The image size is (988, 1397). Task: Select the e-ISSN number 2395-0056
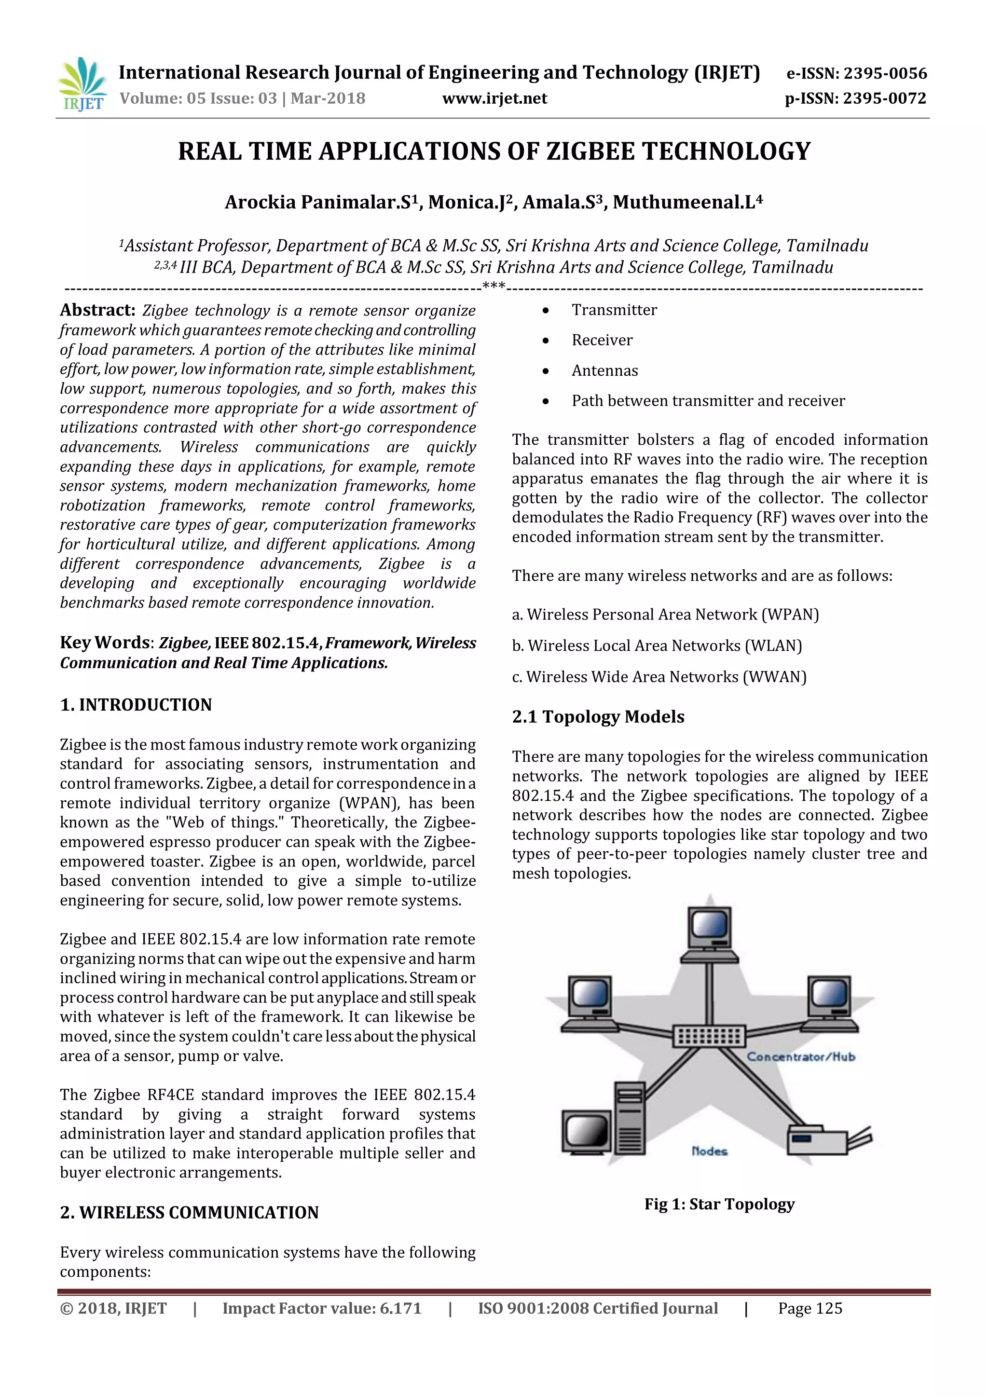(x=885, y=74)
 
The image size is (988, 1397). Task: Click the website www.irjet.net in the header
(x=494, y=98)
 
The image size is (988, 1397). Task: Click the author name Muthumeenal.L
(x=687, y=203)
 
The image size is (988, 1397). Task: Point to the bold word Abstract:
(x=97, y=310)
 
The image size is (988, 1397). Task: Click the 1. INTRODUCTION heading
(x=136, y=705)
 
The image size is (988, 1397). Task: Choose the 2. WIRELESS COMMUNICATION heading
(x=189, y=1213)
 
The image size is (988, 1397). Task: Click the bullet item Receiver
(x=602, y=340)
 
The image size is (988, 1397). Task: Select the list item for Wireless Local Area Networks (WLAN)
(x=657, y=645)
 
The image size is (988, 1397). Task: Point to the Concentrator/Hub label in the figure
(x=801, y=1057)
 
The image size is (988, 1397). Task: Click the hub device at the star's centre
(x=709, y=1036)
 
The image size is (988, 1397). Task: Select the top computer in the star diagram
(x=709, y=935)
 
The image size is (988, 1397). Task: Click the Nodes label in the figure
(x=709, y=1151)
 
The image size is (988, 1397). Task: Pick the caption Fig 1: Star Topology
(x=719, y=1204)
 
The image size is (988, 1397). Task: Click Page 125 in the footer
(x=810, y=1309)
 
